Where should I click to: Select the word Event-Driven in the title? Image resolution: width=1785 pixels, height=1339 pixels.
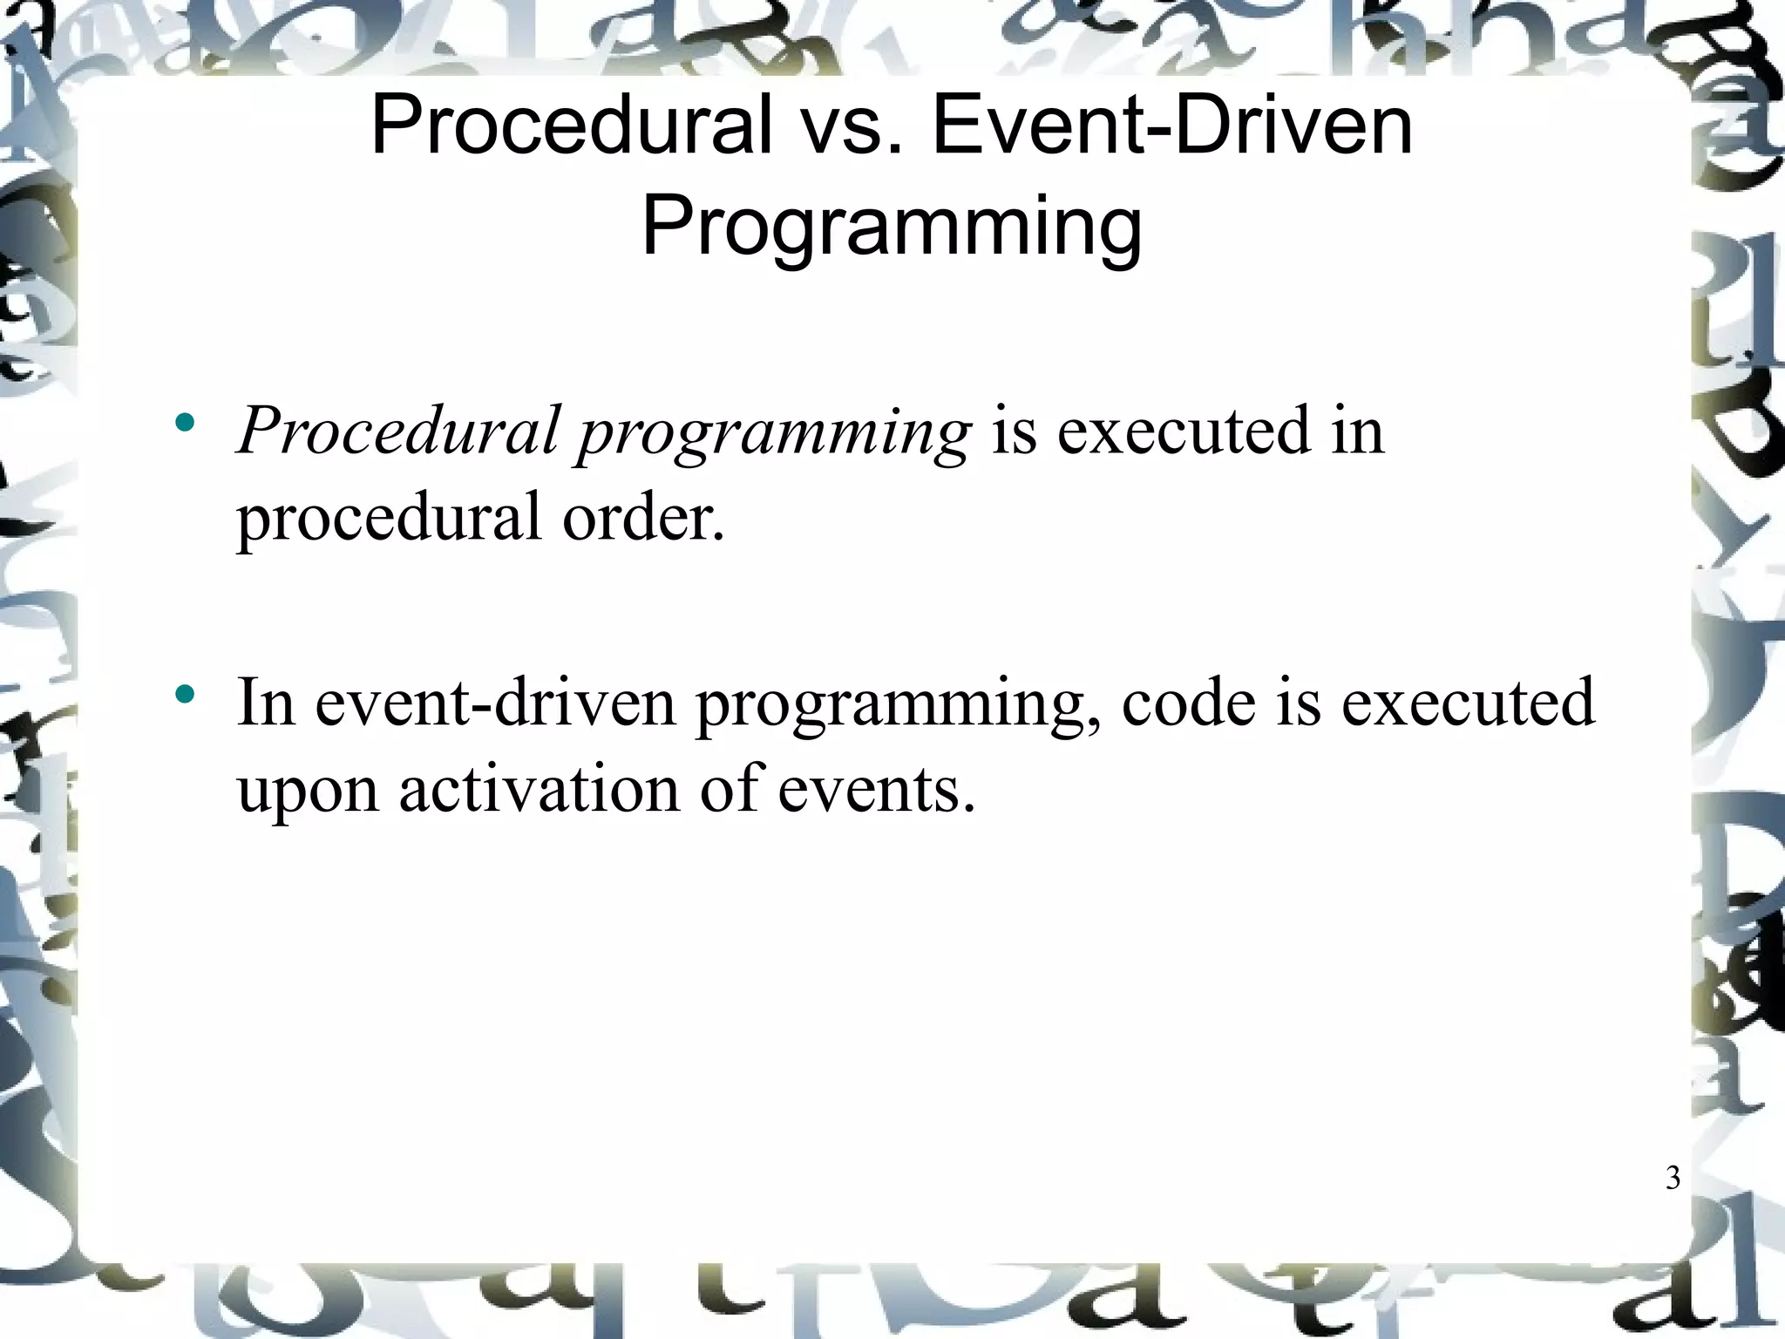tap(1172, 126)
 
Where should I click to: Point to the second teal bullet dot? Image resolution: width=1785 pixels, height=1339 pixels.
tap(184, 696)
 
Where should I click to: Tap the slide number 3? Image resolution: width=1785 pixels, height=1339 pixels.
tap(1672, 1178)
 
